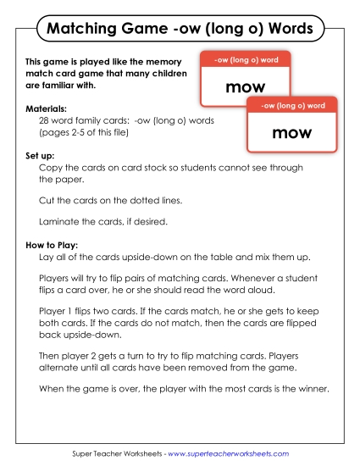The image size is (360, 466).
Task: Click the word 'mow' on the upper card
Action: coord(246,86)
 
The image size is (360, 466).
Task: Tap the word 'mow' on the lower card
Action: coord(292,133)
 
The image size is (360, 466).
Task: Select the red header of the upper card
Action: coord(246,59)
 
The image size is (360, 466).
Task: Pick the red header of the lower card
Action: coord(292,105)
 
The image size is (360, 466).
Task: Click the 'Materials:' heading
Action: coord(47,110)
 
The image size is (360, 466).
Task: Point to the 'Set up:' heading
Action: coord(42,157)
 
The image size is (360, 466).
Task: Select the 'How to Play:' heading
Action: coord(53,247)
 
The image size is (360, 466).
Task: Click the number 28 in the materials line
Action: coord(45,122)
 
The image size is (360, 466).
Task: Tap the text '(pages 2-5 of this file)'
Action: coord(89,133)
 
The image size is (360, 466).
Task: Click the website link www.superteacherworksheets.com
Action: coord(238,454)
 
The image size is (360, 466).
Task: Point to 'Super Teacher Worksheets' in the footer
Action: coord(119,454)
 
